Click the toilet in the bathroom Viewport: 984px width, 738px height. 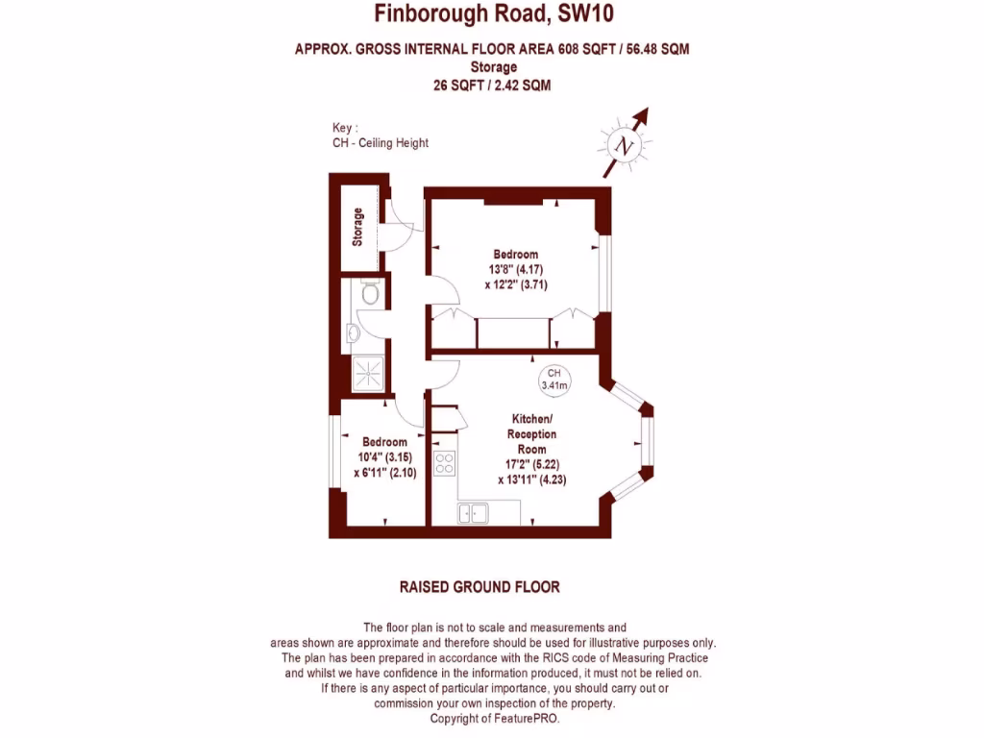click(369, 292)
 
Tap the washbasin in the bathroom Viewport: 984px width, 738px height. click(354, 332)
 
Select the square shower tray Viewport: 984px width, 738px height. click(366, 373)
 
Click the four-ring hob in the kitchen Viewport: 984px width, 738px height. click(444, 463)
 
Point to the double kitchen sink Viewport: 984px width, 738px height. click(473, 514)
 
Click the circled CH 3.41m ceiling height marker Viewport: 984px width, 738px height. click(554, 380)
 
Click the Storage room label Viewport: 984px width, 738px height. click(358, 227)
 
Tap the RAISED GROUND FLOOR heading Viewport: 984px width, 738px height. click(479, 586)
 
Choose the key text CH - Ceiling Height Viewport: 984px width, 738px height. click(380, 143)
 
